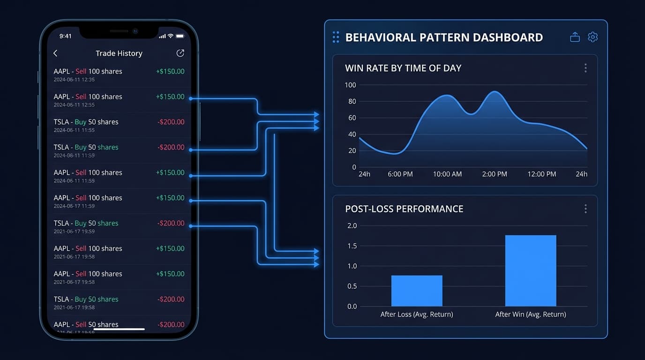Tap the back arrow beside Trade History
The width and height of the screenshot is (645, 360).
(55, 53)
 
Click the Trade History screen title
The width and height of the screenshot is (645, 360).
(119, 53)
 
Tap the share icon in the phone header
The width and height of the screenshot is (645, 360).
(180, 53)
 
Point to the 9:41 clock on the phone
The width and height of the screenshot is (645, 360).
(66, 36)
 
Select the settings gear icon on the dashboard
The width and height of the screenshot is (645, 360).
(592, 37)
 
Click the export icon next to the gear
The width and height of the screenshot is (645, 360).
(575, 37)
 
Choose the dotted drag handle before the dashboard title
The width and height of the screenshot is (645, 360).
(336, 37)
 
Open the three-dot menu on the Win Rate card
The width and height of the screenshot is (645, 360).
(585, 68)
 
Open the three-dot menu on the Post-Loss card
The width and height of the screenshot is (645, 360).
(585, 209)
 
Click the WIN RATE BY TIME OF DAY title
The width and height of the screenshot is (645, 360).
(403, 68)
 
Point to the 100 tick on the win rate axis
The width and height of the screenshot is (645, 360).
(350, 85)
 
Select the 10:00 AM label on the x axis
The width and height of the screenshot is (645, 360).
(447, 174)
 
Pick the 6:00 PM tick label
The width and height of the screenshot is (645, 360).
(400, 174)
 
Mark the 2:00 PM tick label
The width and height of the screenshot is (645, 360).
(495, 174)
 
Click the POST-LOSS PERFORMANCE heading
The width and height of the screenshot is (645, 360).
(404, 209)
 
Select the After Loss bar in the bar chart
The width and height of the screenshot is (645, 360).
(417, 291)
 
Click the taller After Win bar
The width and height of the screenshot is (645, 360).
(531, 271)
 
